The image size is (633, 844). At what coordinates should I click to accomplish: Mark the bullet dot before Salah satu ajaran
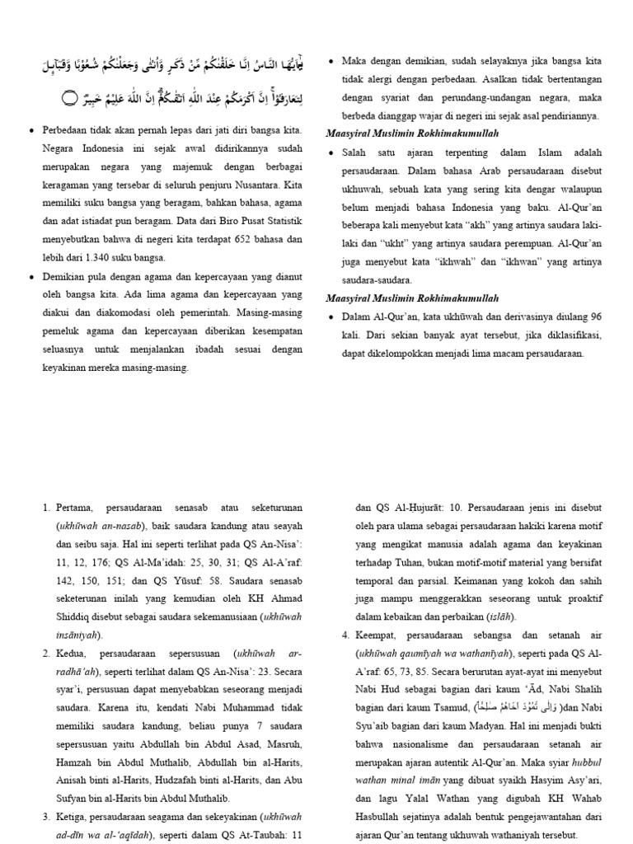(331, 153)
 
